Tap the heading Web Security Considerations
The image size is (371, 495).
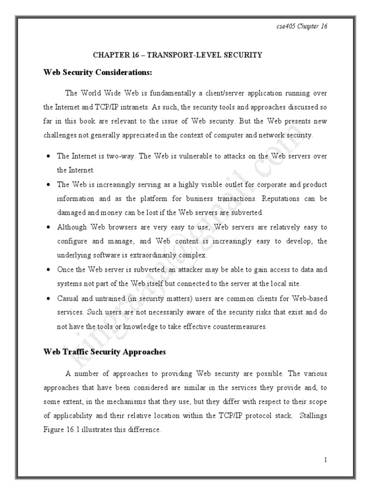tap(98, 73)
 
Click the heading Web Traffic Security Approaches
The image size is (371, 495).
tap(104, 352)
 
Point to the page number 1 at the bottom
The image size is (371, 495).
tap(326, 460)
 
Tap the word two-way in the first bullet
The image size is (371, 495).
tap(124, 156)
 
